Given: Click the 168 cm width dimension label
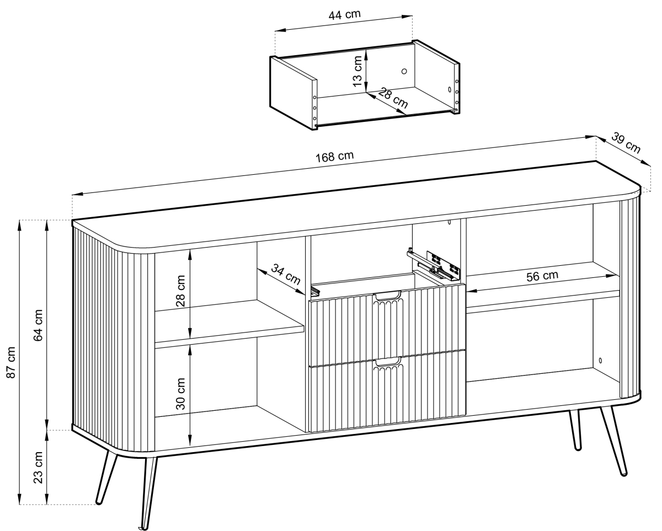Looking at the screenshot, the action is coord(335,156).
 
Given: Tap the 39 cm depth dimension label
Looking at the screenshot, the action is coord(626,143).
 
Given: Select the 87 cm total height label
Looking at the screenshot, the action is coord(11,362).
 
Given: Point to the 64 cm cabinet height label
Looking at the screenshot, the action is coord(38,325).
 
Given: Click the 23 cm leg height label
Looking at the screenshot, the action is coord(38,468).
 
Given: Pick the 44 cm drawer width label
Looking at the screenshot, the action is coord(345,14).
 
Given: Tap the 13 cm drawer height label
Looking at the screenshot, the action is coord(357,71).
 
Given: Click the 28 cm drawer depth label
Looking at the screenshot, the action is coord(393,98).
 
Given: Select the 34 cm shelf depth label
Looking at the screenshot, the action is coord(285,274).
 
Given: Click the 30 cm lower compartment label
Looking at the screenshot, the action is coord(181,394).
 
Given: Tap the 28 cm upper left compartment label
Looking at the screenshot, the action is coord(181,291).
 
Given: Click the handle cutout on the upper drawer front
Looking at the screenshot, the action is coord(387,296).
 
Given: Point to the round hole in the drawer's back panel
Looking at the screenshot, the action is coord(404,71).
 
